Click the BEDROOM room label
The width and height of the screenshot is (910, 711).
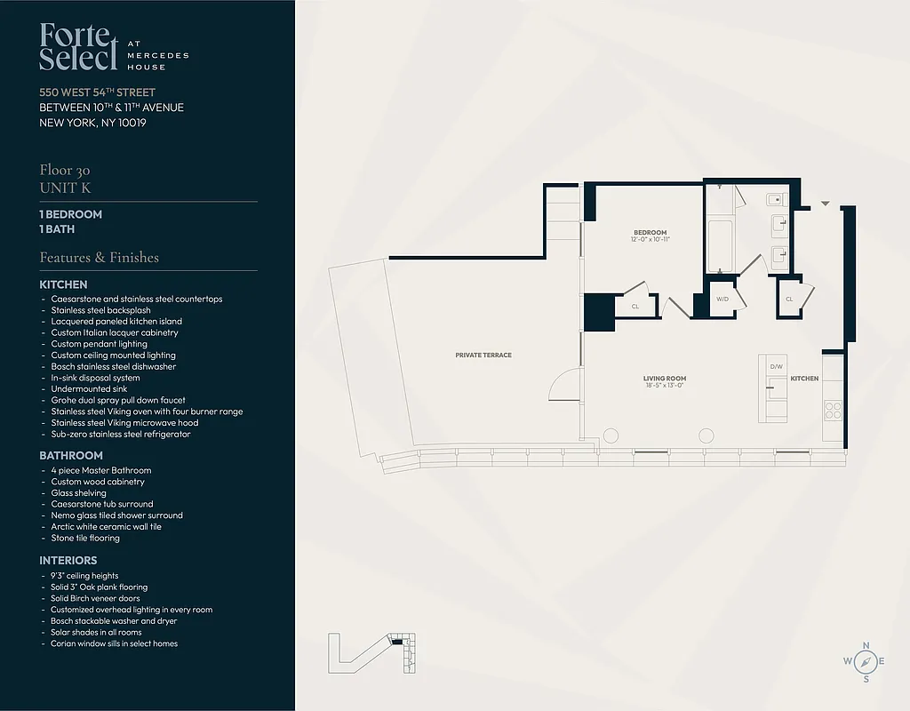coord(650,233)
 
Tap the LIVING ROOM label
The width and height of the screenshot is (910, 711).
coord(665,379)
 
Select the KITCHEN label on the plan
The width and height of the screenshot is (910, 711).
coord(804,379)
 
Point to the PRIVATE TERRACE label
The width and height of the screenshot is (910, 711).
coord(483,355)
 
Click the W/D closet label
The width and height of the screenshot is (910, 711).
coord(722,300)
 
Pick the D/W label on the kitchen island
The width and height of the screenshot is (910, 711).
coord(776,366)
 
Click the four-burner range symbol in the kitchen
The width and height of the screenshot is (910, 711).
coord(834,410)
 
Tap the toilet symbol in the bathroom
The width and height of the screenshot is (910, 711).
coord(772,199)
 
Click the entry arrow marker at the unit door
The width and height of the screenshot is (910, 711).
coord(826,204)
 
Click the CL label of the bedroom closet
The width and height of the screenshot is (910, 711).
coord(635,307)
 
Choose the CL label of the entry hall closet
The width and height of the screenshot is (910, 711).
coord(789,300)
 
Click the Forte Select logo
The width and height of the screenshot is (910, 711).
coord(78,47)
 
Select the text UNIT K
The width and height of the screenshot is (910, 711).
coord(65,188)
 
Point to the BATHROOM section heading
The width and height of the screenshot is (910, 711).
coord(71,455)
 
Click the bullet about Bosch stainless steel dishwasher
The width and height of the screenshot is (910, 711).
coord(114,366)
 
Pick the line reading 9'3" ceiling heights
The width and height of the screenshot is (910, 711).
coord(84,576)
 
